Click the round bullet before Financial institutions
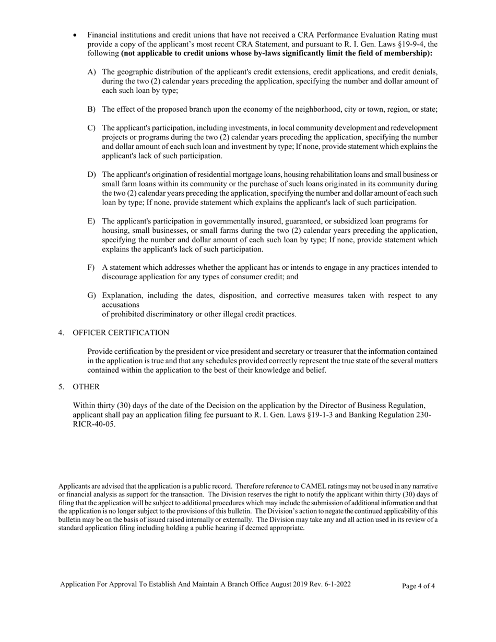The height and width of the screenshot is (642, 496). [75, 35]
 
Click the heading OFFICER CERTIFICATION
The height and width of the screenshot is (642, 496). [121, 333]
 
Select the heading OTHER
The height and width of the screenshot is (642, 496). [86, 387]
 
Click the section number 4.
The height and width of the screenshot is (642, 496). [61, 333]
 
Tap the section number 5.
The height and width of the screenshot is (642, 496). [61, 387]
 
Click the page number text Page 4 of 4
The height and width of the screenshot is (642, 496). [418, 586]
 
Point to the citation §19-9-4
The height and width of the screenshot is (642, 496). [407, 44]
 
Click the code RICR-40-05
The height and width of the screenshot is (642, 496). [94, 424]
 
